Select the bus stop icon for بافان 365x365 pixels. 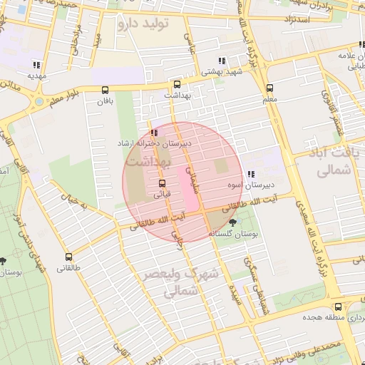[x=106, y=90]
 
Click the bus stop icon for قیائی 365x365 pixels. [x=163, y=182]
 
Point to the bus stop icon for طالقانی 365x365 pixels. [x=68, y=257]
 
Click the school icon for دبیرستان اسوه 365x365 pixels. [x=250, y=174]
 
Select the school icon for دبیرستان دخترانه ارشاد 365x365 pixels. [x=155, y=133]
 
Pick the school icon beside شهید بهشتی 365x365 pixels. [x=223, y=61]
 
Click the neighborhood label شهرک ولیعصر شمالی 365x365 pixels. [x=182, y=282]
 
